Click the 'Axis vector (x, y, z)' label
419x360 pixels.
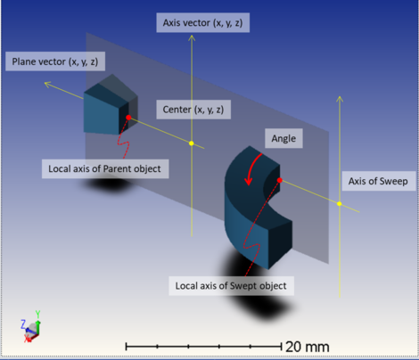point(203,22)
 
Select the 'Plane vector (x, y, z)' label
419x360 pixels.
point(55,61)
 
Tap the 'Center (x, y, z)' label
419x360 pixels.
point(193,110)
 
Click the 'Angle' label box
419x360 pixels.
point(283,138)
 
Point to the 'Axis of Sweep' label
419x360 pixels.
point(378,181)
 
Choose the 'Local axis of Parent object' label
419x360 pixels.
point(105,168)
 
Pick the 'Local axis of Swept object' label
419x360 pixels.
point(231,286)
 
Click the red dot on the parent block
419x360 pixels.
point(128,118)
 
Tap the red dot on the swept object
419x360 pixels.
point(280,180)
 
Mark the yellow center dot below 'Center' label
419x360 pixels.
point(192,143)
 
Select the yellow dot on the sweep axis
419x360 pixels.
point(340,204)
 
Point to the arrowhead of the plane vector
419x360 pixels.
point(47,85)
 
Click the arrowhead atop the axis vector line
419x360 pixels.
point(192,37)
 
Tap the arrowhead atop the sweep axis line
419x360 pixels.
point(340,99)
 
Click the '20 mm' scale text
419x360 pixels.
point(308,347)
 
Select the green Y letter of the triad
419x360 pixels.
point(37,314)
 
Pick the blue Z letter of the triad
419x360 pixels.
point(23,324)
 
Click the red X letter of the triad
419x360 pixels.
point(28,339)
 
